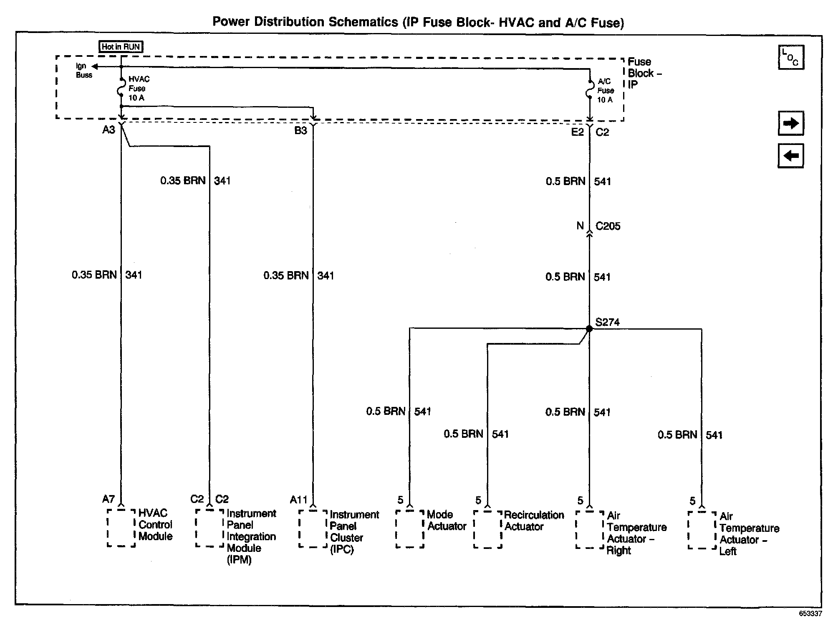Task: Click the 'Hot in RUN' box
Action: pyautogui.click(x=121, y=47)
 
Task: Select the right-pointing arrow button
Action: pyautogui.click(x=790, y=123)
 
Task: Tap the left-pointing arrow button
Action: pyautogui.click(x=790, y=156)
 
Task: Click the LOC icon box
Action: pyautogui.click(x=790, y=57)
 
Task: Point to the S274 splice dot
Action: pyautogui.click(x=589, y=329)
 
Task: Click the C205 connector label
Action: pyautogui.click(x=608, y=226)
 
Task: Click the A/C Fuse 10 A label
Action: pyautogui.click(x=606, y=90)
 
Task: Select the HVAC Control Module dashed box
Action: pyautogui.click(x=121, y=528)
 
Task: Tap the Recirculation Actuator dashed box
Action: pyautogui.click(x=487, y=529)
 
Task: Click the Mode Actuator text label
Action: pyautogui.click(x=446, y=520)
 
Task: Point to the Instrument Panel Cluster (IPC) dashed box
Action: pyautogui.click(x=313, y=528)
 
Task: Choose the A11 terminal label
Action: pyautogui.click(x=299, y=500)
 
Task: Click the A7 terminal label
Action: pyautogui.click(x=109, y=499)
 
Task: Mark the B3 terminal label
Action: pyautogui.click(x=300, y=130)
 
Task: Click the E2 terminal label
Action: pyautogui.click(x=577, y=132)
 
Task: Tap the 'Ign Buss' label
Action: pyautogui.click(x=83, y=71)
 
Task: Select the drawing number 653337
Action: pyautogui.click(x=810, y=614)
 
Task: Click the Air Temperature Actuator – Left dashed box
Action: pyautogui.click(x=702, y=530)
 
